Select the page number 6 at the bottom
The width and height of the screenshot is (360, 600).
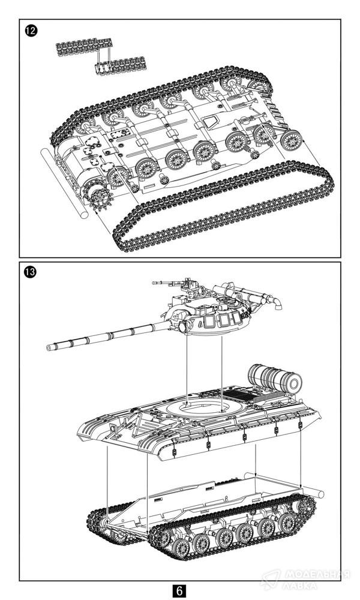[x=179, y=590]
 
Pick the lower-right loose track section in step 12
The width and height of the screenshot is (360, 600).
[x=121, y=64]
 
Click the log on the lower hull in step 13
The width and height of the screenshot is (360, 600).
[x=312, y=494]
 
